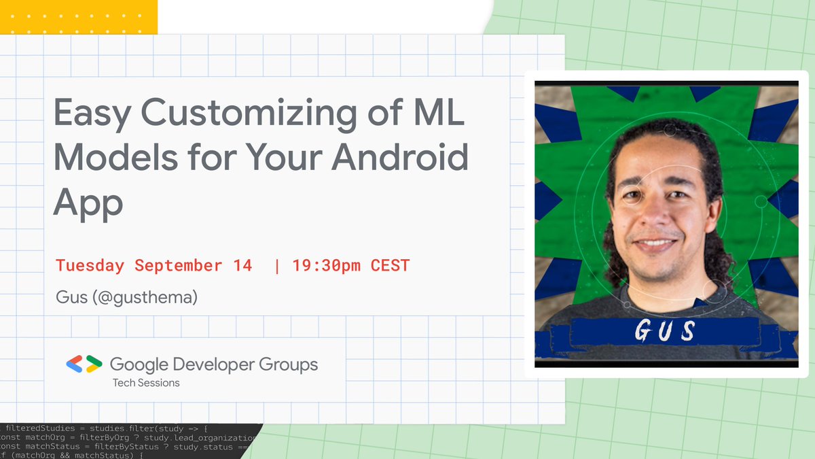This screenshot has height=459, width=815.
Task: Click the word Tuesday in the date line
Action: (x=90, y=265)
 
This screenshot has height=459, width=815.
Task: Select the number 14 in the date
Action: (x=242, y=265)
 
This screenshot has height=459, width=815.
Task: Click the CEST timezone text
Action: (x=390, y=265)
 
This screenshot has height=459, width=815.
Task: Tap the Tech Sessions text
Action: (x=146, y=383)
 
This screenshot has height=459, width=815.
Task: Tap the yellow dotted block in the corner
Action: (x=79, y=17)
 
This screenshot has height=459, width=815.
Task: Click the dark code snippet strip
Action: (x=129, y=441)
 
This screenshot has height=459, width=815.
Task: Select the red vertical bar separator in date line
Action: (x=276, y=265)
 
